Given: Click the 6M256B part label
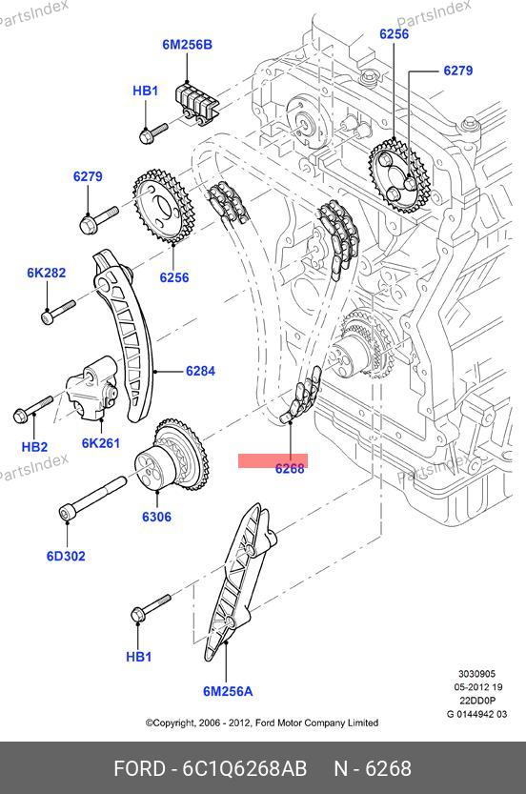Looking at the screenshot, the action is (188, 45).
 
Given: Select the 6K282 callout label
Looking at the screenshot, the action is (47, 273).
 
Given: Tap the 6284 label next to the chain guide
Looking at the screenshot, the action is (200, 371).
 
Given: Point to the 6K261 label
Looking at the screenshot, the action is (101, 443).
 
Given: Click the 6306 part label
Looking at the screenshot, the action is (156, 517).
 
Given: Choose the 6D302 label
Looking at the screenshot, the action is (66, 556).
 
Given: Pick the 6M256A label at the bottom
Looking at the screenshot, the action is (228, 691).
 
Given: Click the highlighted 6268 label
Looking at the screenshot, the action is (290, 469).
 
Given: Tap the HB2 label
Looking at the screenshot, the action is (34, 447).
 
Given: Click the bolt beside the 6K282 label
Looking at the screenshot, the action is (57, 311).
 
